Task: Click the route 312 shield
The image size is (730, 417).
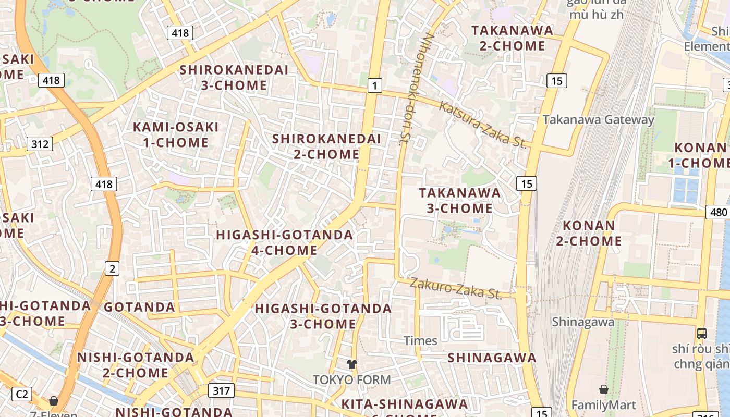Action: pyautogui.click(x=40, y=144)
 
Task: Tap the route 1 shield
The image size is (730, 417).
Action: pyautogui.click(x=374, y=85)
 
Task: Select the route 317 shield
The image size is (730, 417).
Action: pyautogui.click(x=221, y=390)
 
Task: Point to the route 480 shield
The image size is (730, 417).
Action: pyautogui.click(x=718, y=212)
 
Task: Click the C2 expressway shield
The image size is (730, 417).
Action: pyautogui.click(x=21, y=394)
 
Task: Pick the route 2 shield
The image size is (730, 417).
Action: pyautogui.click(x=112, y=268)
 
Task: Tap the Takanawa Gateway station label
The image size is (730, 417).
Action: pyautogui.click(x=598, y=119)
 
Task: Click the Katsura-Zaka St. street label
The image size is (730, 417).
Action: pyautogui.click(x=482, y=125)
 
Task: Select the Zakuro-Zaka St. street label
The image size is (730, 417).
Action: pyautogui.click(x=456, y=288)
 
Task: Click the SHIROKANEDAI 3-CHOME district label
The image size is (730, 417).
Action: pyautogui.click(x=234, y=78)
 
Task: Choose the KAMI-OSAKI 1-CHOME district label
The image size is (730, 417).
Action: pyautogui.click(x=176, y=134)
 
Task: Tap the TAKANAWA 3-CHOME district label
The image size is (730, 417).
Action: pyautogui.click(x=459, y=200)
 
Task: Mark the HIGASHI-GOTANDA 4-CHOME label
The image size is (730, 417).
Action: pyautogui.click(x=285, y=242)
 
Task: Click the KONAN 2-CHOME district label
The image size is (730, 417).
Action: pyautogui.click(x=592, y=233)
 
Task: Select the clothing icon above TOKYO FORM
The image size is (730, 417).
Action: pyautogui.click(x=351, y=364)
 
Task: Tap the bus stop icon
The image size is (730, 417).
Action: pyautogui.click(x=702, y=333)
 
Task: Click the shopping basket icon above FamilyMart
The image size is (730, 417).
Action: pyautogui.click(x=603, y=389)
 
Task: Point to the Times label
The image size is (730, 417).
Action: pyautogui.click(x=420, y=341)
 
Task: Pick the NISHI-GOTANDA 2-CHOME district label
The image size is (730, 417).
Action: pyautogui.click(x=136, y=365)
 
